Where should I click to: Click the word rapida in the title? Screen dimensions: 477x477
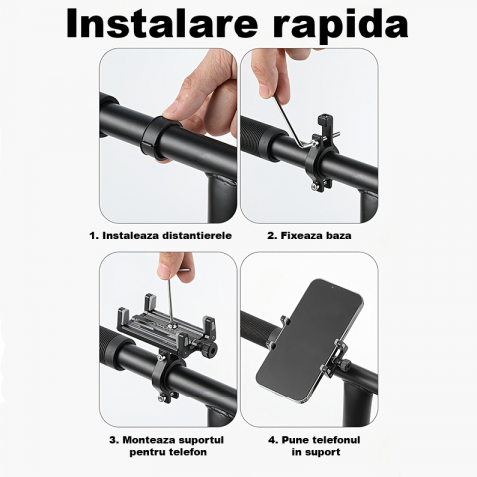343,24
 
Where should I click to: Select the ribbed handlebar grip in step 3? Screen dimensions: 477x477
123,358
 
